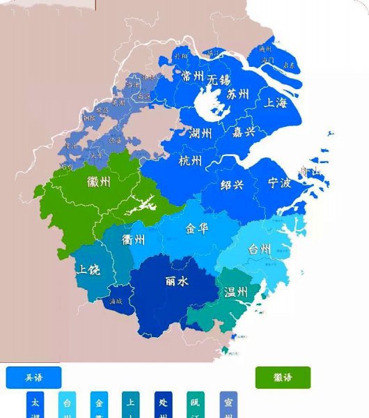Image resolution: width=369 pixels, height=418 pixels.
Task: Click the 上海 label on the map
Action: pyautogui.click(x=276, y=103)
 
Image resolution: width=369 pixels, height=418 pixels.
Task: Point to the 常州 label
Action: pyautogui.click(x=191, y=76)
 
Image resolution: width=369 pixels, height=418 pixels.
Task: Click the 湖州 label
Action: pyautogui.click(x=201, y=133)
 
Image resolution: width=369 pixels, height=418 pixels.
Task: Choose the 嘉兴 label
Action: pyautogui.click(x=243, y=131)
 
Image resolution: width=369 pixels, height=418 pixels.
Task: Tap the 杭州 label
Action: pyautogui.click(x=190, y=162)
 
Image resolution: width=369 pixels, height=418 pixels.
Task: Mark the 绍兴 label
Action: pyautogui.click(x=232, y=185)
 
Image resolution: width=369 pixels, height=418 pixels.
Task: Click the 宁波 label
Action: pyautogui.click(x=279, y=183)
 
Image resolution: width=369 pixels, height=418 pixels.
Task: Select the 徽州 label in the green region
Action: pyautogui.click(x=99, y=183)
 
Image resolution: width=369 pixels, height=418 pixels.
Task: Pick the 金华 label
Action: pyautogui.click(x=196, y=228)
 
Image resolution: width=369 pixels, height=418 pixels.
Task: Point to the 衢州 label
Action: pyautogui.click(x=133, y=240)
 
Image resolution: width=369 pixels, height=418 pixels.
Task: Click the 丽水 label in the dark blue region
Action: pyautogui.click(x=176, y=281)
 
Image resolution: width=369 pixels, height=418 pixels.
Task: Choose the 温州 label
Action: pyautogui.click(x=235, y=293)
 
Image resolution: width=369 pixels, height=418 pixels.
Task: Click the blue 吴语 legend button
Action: pyautogui.click(x=33, y=378)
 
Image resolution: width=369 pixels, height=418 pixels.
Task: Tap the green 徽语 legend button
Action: pyautogui.click(x=283, y=378)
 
